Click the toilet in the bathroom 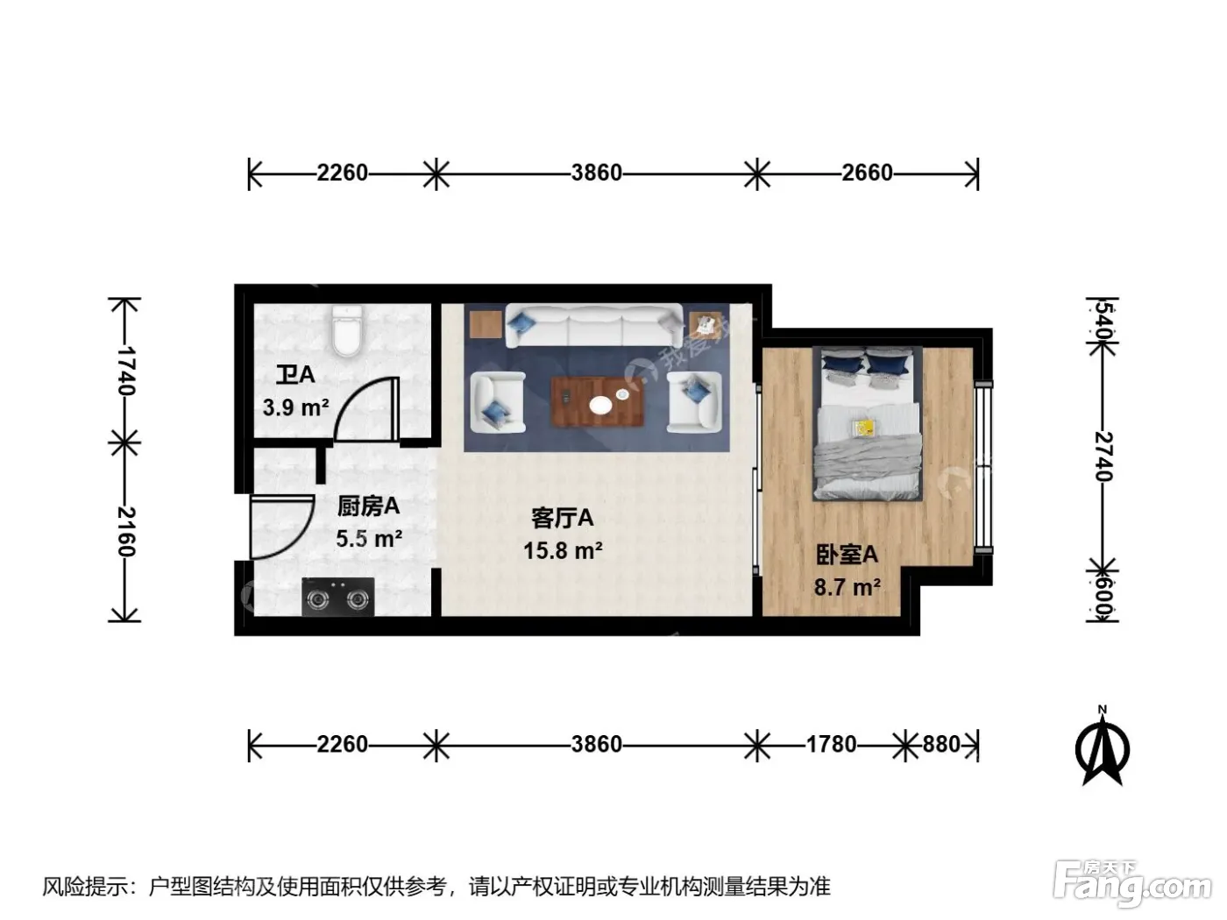coord(347,330)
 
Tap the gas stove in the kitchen coord(337,597)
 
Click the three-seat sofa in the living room coord(594,326)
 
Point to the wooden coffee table coord(598,402)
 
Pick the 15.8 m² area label coord(563,551)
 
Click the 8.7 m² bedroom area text coord(847,588)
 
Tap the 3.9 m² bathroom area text coord(295,407)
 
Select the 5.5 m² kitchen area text coord(369,539)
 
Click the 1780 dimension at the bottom coord(831,745)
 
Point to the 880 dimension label coord(941,745)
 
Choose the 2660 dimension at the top coord(867,173)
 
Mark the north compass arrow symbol coord(1103,751)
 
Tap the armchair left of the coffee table coord(498,402)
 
